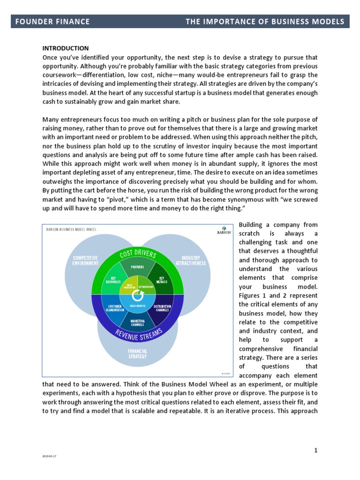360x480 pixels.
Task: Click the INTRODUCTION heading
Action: click(66, 48)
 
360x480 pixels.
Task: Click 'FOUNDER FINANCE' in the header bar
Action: click(52, 22)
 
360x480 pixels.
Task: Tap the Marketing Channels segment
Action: click(138, 323)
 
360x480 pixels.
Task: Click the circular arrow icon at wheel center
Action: click(138, 296)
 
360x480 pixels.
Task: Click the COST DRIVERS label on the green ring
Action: click(138, 255)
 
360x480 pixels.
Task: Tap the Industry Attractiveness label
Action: click(190, 260)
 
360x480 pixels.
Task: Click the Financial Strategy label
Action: click(137, 353)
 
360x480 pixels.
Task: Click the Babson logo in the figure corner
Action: click(224, 231)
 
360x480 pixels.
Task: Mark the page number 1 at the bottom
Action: click(316, 450)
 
